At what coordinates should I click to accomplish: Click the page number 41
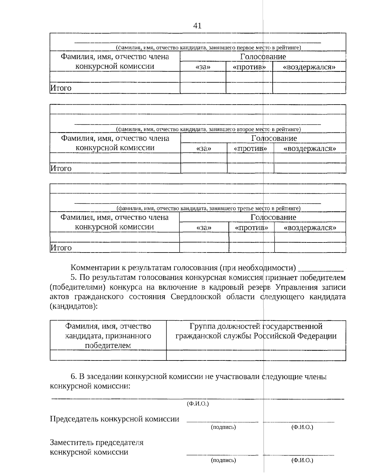[x=197, y=26]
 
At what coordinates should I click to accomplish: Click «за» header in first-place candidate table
[x=203, y=67]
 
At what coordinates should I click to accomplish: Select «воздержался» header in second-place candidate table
[x=310, y=149]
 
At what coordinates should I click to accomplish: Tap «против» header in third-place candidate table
[x=251, y=228]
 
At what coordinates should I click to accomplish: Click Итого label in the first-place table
[x=61, y=88]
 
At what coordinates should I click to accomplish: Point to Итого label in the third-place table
[x=61, y=248]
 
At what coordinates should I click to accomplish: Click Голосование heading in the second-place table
[x=274, y=138]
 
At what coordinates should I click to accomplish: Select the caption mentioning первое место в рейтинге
[x=208, y=48]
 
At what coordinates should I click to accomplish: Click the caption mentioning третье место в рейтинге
[x=208, y=208]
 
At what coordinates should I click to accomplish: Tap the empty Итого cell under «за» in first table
[x=203, y=88]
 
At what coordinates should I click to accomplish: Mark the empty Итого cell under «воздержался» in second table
[x=310, y=168]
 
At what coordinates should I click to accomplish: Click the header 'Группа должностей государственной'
[x=256, y=326]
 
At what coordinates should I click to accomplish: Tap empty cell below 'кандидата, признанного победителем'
[x=108, y=355]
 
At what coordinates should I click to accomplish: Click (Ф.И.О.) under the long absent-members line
[x=197, y=404]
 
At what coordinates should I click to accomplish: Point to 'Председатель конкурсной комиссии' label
[x=114, y=419]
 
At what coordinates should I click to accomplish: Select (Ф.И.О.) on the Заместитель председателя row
[x=302, y=460]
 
